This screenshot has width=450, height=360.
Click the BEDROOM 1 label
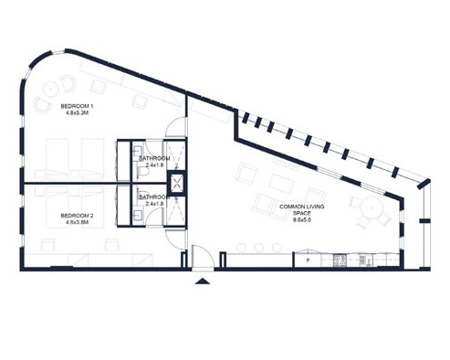coord(77,106)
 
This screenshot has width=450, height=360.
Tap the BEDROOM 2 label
coord(77,216)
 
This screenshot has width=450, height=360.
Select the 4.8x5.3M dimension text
coord(77,113)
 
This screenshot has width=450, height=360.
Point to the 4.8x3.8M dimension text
coord(77,222)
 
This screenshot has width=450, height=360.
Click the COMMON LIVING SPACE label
coord(302,209)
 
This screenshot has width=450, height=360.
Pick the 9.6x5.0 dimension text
coord(302,219)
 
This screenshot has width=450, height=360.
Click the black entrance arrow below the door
coord(203,281)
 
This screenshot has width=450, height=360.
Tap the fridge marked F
coord(308,260)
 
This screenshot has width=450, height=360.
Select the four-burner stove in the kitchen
coord(340,260)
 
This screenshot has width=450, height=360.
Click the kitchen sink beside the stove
coord(364,260)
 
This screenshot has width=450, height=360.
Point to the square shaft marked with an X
coord(177,184)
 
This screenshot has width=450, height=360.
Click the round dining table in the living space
coord(372,207)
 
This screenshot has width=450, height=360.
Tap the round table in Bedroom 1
coord(51,90)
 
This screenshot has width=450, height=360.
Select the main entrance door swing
coord(203,257)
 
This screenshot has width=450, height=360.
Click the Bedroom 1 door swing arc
coord(175,127)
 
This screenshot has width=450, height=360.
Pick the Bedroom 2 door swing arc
coord(175,240)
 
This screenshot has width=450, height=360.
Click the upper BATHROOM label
coord(154,158)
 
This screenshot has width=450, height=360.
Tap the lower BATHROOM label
coord(154,197)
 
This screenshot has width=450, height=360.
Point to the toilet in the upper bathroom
coord(142,174)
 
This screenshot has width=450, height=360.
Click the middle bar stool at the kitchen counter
coord(259,248)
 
